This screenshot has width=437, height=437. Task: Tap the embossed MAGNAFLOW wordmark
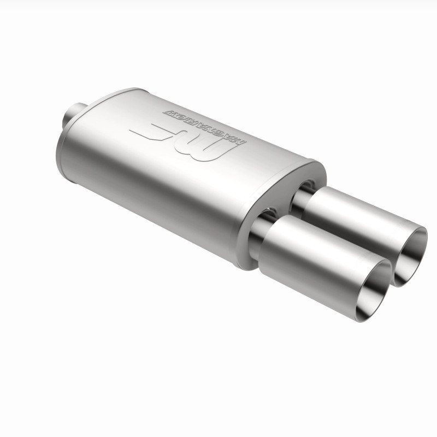pos(205,120)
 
